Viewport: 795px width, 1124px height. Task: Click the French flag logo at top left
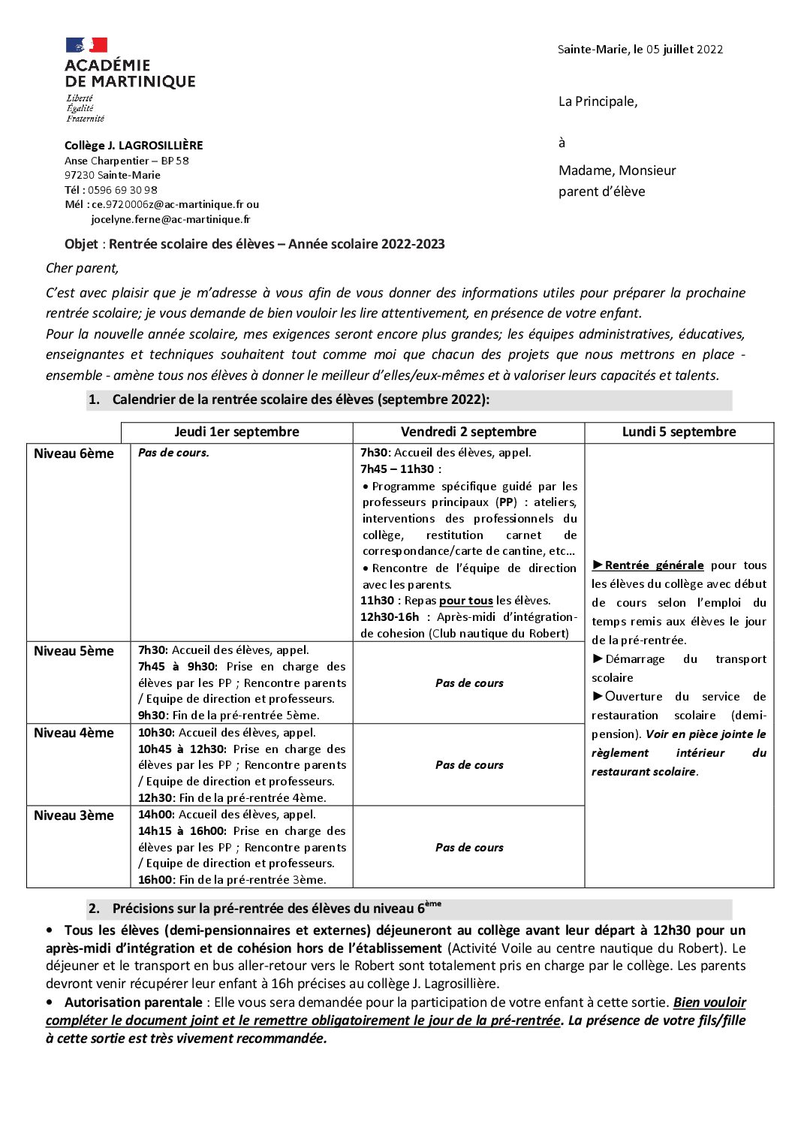coord(86,45)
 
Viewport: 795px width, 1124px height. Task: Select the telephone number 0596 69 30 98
coord(121,190)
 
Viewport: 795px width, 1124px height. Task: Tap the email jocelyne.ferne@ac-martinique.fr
coord(170,219)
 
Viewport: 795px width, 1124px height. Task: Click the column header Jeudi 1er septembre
coord(236,432)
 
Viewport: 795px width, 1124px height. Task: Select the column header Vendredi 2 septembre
coord(468,432)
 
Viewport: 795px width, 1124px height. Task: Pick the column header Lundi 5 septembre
coord(679,432)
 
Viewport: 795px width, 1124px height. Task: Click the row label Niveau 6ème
coord(74,454)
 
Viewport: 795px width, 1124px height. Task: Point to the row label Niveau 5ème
coord(74,651)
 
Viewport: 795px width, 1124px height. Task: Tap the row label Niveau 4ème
coord(74,733)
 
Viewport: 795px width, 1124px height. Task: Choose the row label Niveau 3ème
coord(74,815)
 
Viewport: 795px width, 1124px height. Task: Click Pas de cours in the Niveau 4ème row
coord(469,765)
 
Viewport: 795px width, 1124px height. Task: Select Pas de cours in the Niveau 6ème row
coord(173,453)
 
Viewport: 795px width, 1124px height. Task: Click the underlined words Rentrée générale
coord(654,565)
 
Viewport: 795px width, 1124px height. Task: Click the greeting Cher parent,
coord(82,268)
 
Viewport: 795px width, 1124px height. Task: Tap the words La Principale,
coord(598,101)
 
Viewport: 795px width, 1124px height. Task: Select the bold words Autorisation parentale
coord(133,1002)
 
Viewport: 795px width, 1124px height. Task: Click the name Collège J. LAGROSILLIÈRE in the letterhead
coord(134,146)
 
